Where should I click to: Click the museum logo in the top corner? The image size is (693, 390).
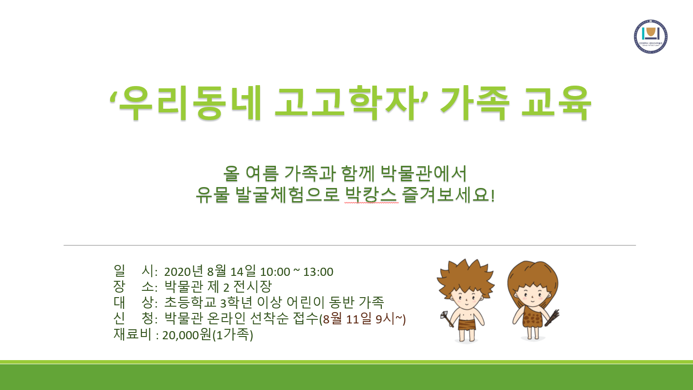(x=650, y=37)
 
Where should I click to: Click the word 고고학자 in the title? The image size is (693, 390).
(x=347, y=103)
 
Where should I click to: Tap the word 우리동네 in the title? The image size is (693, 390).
(x=191, y=103)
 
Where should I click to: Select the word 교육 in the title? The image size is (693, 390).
(x=556, y=103)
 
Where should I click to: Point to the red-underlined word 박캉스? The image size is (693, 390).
(x=371, y=195)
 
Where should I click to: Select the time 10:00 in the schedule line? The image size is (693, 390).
(x=275, y=272)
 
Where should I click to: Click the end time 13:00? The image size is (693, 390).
(x=318, y=272)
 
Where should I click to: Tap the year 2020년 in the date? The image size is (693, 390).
(x=183, y=271)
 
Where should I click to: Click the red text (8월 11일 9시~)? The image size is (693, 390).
(x=362, y=319)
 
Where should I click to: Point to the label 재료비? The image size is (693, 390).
(x=132, y=334)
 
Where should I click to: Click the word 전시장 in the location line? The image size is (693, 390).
(x=252, y=286)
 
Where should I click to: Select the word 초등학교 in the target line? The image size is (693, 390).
(x=190, y=302)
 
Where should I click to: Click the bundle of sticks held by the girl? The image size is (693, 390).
(x=552, y=318)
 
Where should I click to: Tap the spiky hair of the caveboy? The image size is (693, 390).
(x=465, y=277)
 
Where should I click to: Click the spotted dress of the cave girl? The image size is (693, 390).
(x=533, y=317)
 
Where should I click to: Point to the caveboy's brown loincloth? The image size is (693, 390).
(x=467, y=325)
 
